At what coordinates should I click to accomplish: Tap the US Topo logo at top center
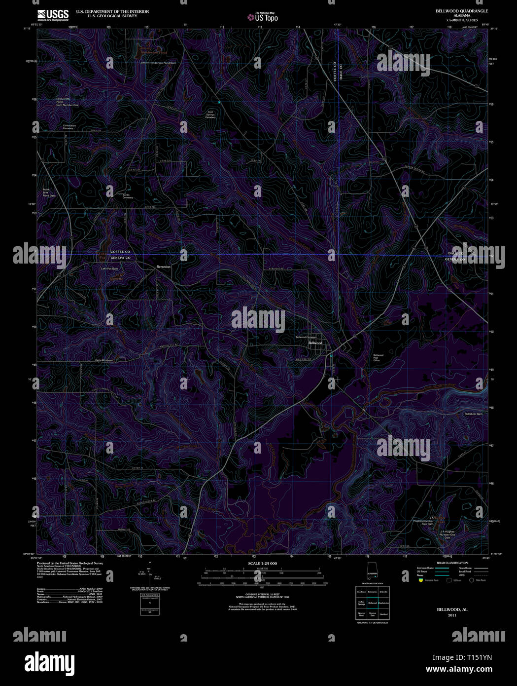tap(263, 17)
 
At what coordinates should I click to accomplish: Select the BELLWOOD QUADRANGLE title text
tap(455, 11)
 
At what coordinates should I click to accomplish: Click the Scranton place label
tap(163, 267)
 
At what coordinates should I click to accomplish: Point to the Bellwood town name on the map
tap(315, 343)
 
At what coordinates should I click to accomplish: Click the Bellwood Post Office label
tap(378, 358)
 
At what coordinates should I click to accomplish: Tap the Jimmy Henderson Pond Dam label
tap(158, 63)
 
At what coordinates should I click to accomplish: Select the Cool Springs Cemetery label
tap(210, 114)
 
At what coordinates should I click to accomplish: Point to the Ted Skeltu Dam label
tap(473, 414)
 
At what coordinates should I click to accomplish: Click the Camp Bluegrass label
tap(103, 360)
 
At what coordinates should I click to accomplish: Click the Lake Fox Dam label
tap(109, 268)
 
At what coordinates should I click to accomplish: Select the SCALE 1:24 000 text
tap(262, 564)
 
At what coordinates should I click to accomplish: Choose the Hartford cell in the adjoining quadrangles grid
tap(383, 614)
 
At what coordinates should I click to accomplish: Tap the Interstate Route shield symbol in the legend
tap(420, 580)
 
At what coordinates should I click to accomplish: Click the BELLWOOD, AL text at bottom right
tap(452, 610)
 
